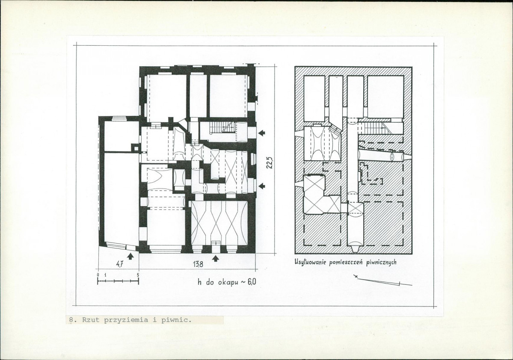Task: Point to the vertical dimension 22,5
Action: click(270, 162)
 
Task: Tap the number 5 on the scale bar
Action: click(138, 275)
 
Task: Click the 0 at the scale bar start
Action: click(98, 275)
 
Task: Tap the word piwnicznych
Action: click(381, 262)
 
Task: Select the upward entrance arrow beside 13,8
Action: click(215, 258)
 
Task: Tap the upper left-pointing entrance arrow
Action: click(262, 133)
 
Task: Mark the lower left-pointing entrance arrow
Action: click(262, 186)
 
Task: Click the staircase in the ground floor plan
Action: click(222, 127)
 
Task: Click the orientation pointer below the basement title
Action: click(383, 280)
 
